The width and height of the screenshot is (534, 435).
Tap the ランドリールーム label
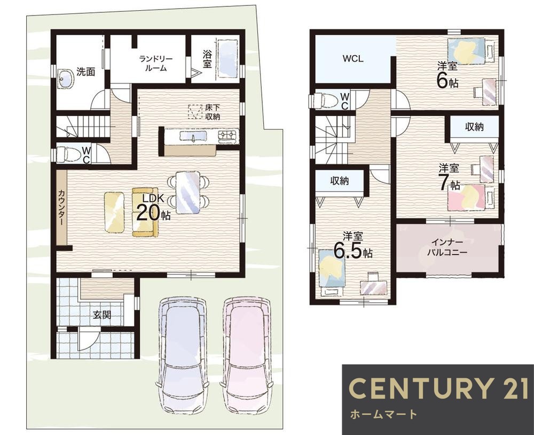(156, 63)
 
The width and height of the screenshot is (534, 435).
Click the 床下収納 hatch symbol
(194, 112)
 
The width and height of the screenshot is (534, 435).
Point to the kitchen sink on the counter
(192, 136)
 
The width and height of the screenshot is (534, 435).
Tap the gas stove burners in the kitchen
(228, 136)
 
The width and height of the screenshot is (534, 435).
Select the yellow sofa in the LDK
(145, 212)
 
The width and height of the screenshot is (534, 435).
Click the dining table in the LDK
(187, 193)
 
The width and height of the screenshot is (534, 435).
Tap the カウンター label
(61, 207)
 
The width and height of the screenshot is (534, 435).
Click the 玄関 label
(102, 315)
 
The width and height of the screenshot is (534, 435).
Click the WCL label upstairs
(353, 59)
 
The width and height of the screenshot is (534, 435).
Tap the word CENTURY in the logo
(420, 388)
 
